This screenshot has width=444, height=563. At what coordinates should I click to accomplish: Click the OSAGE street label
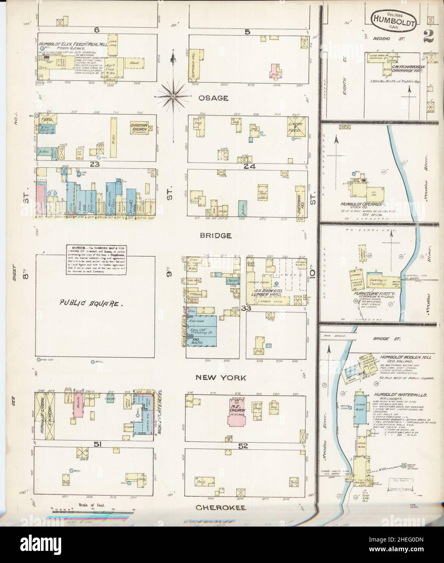point(213,98)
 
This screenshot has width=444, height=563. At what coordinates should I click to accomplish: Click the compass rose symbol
point(173,96)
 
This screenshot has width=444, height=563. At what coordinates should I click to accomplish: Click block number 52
point(243,446)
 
